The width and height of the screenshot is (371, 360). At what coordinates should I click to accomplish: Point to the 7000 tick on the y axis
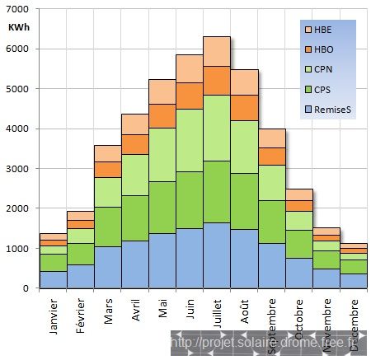[x=18, y=9]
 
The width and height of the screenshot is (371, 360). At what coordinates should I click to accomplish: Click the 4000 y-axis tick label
[x=18, y=129]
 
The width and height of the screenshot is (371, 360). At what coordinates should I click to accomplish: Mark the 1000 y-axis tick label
[x=18, y=248]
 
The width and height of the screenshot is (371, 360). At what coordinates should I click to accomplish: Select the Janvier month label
[x=54, y=317]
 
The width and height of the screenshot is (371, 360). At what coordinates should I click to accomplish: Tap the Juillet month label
[x=217, y=316]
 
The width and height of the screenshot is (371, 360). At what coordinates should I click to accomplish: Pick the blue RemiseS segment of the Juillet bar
[x=217, y=255]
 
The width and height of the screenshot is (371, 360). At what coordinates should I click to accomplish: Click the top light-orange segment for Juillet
[x=217, y=51]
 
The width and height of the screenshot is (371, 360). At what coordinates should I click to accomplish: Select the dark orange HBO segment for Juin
[x=190, y=96]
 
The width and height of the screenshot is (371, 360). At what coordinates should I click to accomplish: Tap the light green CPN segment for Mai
[x=162, y=154]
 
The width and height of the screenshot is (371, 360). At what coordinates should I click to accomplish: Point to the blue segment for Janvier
[x=54, y=279]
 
